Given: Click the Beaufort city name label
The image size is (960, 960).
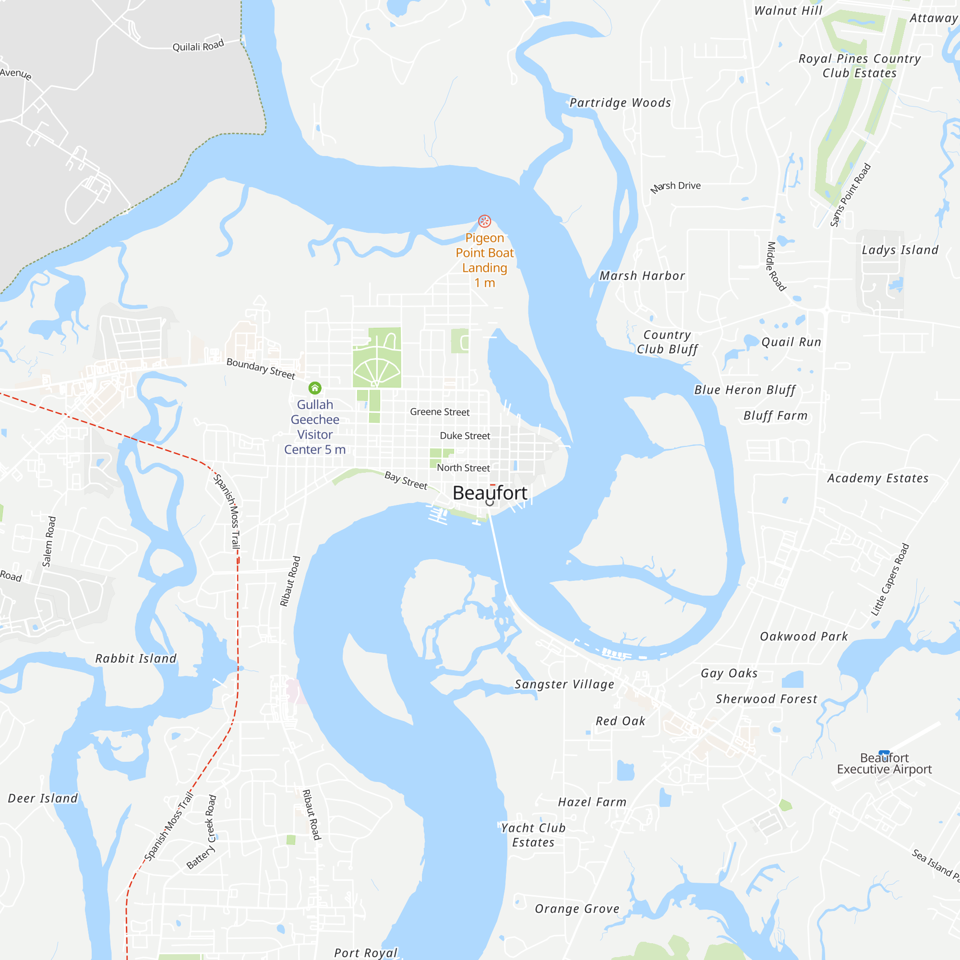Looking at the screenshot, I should [x=490, y=493].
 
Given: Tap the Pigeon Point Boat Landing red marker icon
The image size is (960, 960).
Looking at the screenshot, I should [x=484, y=221].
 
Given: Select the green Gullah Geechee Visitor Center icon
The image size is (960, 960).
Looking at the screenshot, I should [x=315, y=387].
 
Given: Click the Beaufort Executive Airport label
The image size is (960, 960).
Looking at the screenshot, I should [x=884, y=764].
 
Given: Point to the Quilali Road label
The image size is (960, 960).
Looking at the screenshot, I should [x=198, y=46].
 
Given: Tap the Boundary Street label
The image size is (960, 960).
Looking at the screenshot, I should [x=261, y=368].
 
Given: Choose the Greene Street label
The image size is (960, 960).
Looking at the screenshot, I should [x=440, y=412].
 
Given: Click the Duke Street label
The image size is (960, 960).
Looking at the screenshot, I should [x=465, y=436].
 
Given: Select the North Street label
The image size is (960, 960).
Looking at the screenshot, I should [x=463, y=468].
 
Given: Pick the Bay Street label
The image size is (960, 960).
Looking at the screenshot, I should [x=406, y=480].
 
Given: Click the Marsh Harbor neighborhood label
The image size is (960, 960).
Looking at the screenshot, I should [x=642, y=276].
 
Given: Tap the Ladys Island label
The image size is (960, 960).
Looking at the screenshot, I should [x=900, y=250].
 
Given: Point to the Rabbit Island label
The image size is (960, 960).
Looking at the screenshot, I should [x=136, y=659].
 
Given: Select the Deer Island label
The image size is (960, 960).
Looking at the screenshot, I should [x=43, y=799].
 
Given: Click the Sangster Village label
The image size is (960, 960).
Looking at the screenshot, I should [x=564, y=685].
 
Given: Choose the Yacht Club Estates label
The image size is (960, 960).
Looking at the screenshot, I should [x=533, y=835].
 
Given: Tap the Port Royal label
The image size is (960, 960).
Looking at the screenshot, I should [x=366, y=952].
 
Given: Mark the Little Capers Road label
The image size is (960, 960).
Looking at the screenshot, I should [x=890, y=579].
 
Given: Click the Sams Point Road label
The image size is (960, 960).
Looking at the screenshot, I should [x=851, y=195].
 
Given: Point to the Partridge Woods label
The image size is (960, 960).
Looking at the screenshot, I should [x=620, y=103].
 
